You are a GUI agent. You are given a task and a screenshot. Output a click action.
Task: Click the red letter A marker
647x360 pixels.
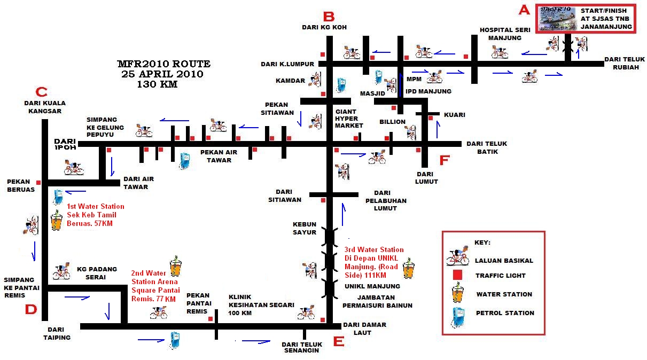pyautogui.click(x=524, y=9)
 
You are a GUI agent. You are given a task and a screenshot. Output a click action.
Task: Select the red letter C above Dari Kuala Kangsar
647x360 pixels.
pyautogui.click(x=41, y=91)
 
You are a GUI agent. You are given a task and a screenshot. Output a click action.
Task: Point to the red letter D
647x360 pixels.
pyautogui.click(x=31, y=309)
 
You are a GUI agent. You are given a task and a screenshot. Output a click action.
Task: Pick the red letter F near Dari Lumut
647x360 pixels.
pyautogui.click(x=445, y=160)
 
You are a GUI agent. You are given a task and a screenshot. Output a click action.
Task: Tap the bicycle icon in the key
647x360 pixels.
pyautogui.click(x=457, y=257)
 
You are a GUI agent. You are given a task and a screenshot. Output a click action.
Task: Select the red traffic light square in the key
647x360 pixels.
pyautogui.click(x=457, y=276)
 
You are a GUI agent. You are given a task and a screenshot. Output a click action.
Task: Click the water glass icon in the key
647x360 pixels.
pyautogui.click(x=457, y=294)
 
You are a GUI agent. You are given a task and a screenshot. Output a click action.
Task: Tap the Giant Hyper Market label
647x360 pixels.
pyautogui.click(x=349, y=119)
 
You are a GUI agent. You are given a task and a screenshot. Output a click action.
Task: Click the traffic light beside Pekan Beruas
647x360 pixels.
pyautogui.click(x=38, y=182)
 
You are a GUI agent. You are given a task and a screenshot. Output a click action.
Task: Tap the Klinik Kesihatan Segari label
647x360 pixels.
pyautogui.click(x=261, y=305)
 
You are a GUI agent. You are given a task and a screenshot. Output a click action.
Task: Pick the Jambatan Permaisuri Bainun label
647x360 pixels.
pyautogui.click(x=377, y=301)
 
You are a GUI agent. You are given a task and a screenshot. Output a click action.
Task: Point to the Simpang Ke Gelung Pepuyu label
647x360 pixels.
pyautogui.click(x=105, y=128)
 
